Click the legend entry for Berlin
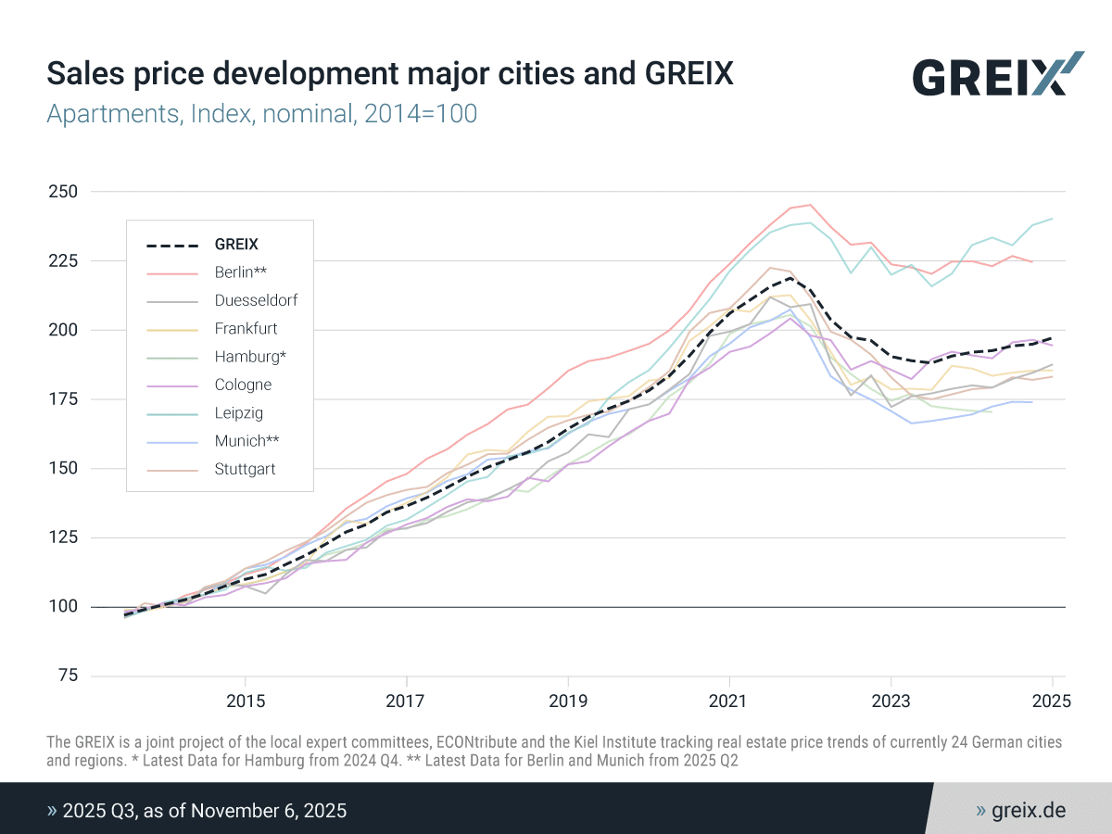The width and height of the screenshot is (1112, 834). click(x=241, y=272)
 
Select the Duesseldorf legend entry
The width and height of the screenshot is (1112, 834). click(x=256, y=300)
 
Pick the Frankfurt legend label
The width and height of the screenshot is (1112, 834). click(x=246, y=329)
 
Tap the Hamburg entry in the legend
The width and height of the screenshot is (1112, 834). click(x=250, y=357)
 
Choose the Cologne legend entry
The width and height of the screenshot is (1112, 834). click(x=243, y=385)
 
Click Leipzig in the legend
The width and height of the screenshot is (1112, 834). click(x=238, y=412)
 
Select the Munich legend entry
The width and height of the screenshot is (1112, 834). click(x=246, y=441)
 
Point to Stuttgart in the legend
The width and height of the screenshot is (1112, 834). click(x=245, y=469)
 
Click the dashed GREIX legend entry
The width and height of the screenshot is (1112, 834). click(x=236, y=245)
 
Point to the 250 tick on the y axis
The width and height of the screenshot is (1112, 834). click(x=63, y=192)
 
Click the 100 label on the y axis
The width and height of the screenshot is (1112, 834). click(x=63, y=606)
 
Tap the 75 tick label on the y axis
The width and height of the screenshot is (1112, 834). click(x=68, y=675)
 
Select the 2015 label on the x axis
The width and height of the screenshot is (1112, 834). click(x=246, y=701)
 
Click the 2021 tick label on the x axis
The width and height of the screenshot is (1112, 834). click(x=729, y=701)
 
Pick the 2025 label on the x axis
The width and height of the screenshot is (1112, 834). click(x=1052, y=701)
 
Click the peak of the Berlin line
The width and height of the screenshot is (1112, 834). click(x=810, y=205)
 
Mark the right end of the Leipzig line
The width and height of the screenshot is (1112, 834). click(x=1052, y=219)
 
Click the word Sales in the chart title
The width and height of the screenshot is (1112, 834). click(x=85, y=73)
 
